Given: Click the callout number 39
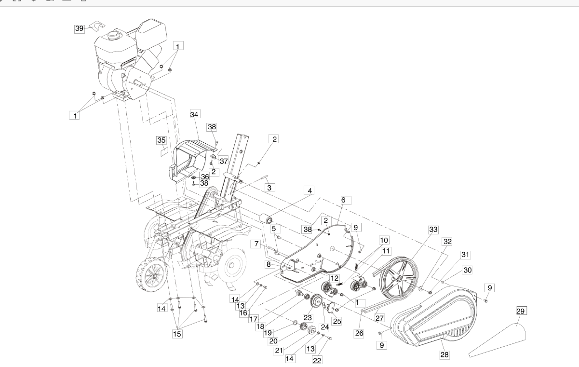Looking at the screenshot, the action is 79,28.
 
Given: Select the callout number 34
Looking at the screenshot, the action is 194,114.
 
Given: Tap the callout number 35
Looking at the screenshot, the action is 162,140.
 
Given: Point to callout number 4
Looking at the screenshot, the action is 310,191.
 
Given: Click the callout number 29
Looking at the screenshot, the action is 520,311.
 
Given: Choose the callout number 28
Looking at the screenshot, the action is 444,354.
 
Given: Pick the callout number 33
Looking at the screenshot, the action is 433,230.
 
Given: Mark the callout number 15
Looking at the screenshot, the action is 177,334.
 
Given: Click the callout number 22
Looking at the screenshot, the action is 317,361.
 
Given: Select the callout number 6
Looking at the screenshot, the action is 343,200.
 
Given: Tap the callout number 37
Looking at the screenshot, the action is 224,161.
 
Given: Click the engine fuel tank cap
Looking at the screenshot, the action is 113,35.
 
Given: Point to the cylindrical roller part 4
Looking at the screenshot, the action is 266,219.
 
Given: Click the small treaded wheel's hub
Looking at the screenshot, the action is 154,276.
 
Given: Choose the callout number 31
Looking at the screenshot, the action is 465,255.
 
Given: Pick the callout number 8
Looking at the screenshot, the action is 269,264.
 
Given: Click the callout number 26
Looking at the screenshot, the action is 359,333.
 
